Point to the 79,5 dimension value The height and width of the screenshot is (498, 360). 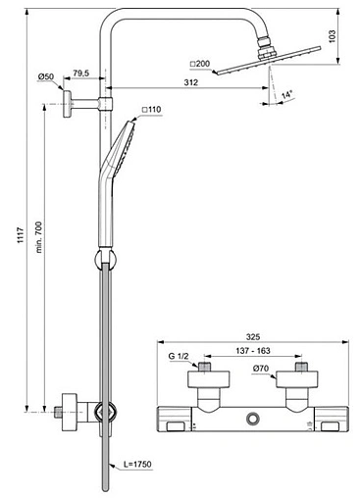pyautogui.click(x=81, y=74)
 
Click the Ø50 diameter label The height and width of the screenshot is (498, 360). pyautogui.click(x=46, y=76)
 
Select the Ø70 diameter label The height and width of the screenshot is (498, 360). pyautogui.click(x=262, y=370)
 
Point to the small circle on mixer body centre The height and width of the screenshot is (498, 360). pyautogui.click(x=253, y=420)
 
